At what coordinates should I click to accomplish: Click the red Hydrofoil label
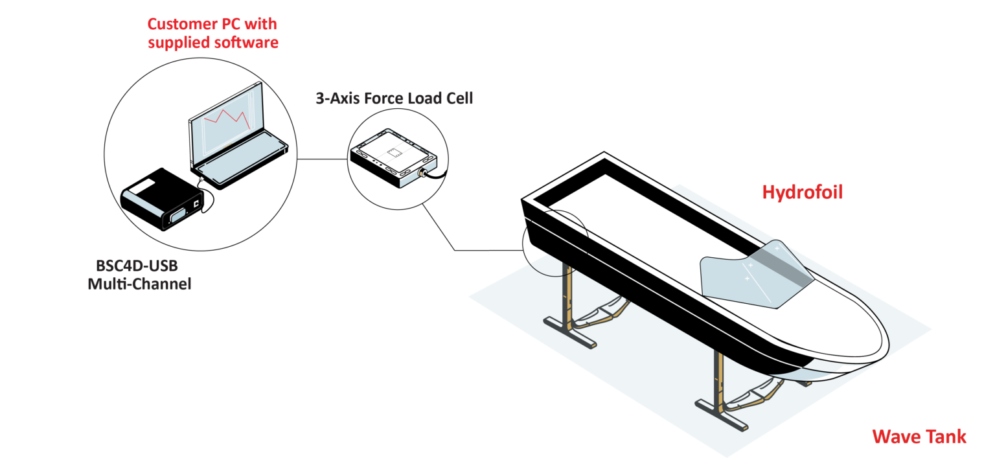point(802,192)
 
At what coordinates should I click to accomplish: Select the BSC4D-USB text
point(137,266)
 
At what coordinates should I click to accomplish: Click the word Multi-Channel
point(139,284)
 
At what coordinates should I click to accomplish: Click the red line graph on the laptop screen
point(227,119)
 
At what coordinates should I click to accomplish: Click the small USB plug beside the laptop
point(201,178)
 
